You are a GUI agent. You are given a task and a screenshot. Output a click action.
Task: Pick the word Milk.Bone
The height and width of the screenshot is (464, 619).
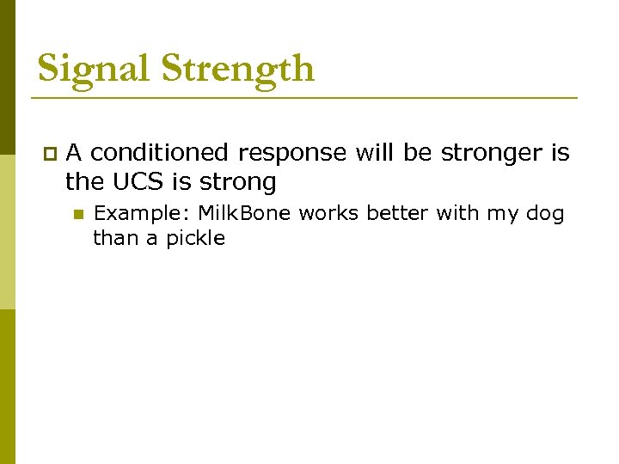click(x=244, y=213)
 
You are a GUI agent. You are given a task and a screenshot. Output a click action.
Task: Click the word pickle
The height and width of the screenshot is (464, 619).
click(x=195, y=238)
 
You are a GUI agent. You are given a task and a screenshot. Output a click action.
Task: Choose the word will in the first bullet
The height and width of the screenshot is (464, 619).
click(x=374, y=153)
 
